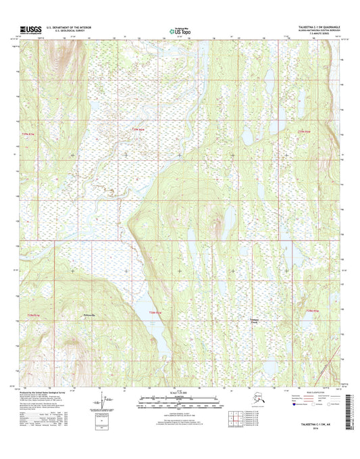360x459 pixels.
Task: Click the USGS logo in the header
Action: [x=30, y=30]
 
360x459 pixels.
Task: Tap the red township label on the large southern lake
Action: [x=156, y=312]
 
